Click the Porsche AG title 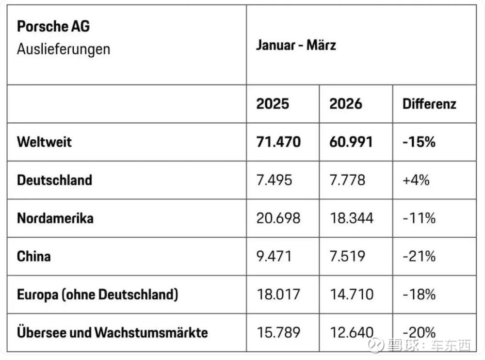tap(53, 26)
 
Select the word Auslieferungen tap(64, 49)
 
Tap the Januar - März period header tap(296, 45)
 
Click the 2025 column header tap(273, 104)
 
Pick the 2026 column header tap(345, 104)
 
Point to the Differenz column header tap(429, 104)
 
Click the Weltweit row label tap(44, 142)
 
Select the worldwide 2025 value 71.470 tap(278, 142)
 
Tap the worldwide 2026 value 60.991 tap(351, 142)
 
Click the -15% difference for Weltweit tap(419, 142)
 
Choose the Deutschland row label tap(55, 180)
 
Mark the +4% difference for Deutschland tap(416, 180)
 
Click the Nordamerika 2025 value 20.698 tap(278, 218)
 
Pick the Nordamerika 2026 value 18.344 tap(352, 218)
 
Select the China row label tap(34, 256)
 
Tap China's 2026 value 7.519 tap(347, 256)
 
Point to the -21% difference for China tap(419, 256)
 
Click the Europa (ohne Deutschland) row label tap(98, 295)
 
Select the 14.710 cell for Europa tap(352, 295)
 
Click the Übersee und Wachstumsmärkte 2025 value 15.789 tap(278, 332)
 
